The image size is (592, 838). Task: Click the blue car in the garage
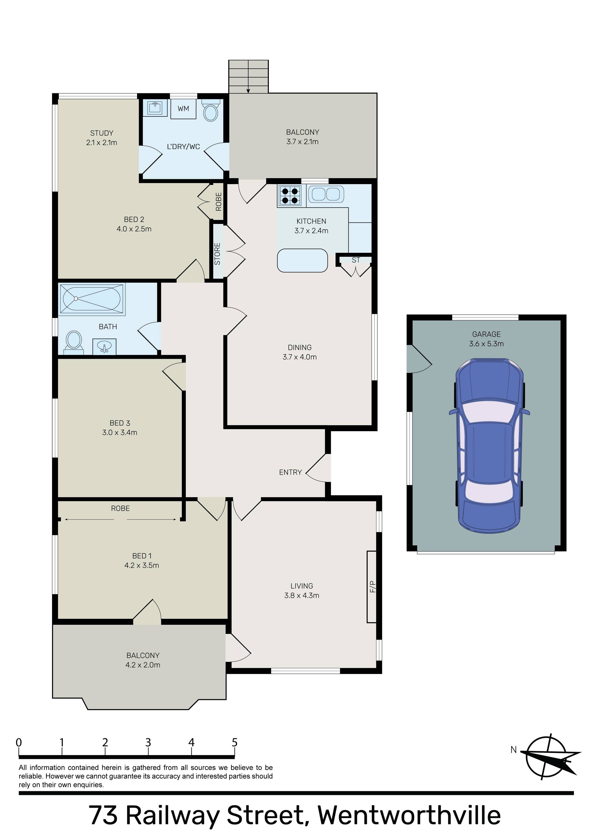(x=489, y=446)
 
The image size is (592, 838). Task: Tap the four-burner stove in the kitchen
(x=290, y=196)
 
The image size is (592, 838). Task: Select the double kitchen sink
(x=326, y=194)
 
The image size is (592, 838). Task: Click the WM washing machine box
(x=183, y=108)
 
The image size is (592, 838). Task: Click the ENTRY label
(x=290, y=472)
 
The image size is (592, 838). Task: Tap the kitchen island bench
(x=302, y=260)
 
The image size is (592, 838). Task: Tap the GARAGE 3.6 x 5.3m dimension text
(x=486, y=343)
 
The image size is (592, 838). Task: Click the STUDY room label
(x=102, y=133)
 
